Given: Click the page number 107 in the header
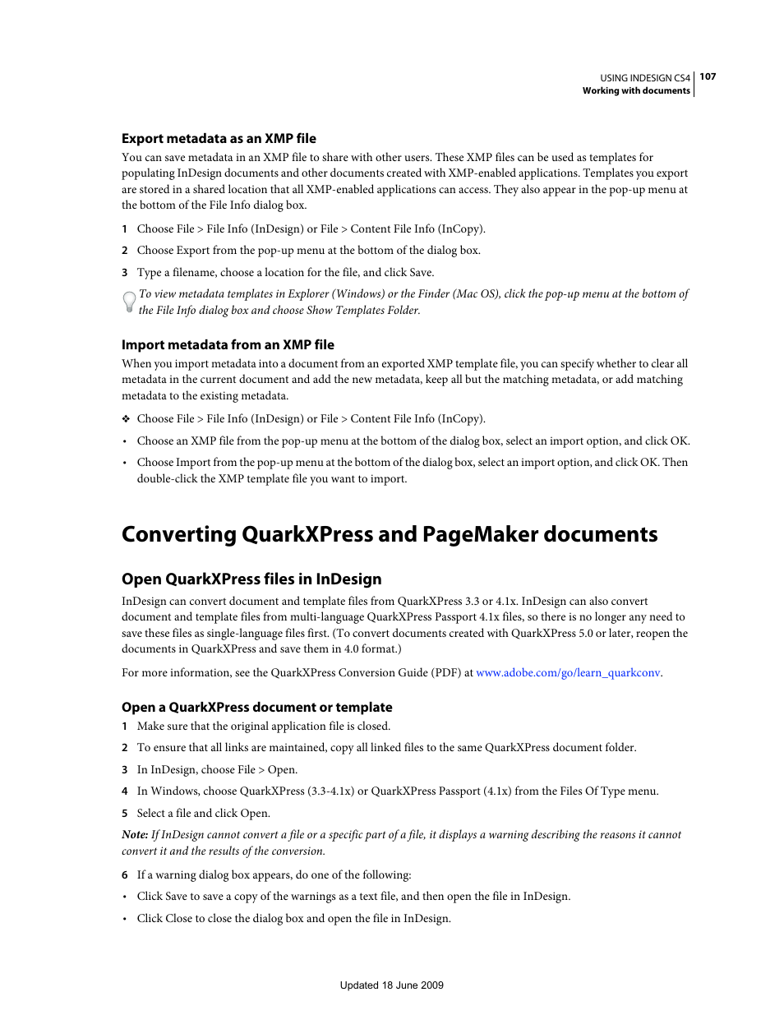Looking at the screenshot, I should pos(708,76).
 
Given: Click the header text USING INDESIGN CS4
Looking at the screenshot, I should pos(644,78).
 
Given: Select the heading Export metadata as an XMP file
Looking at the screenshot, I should pos(219,139).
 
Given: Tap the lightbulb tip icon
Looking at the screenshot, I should pos(129,302).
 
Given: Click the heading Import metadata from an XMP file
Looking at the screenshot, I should pos(228,345).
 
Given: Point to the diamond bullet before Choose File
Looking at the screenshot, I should pos(126,419).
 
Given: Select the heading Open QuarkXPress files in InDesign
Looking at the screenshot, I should pos(251,579).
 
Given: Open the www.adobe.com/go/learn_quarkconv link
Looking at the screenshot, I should pos(568,673).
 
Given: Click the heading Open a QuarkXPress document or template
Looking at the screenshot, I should pos(256,708).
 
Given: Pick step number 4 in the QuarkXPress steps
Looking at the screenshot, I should pos(125,791).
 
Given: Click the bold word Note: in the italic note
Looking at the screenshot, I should pos(135,835).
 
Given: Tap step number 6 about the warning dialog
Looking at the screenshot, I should pos(125,875).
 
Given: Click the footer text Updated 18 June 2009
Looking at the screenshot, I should pos(391,985).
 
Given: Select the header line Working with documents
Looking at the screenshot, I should pos(636,91).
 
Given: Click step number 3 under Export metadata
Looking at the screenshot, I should pos(125,273).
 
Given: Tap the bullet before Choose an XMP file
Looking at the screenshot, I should pos(125,441).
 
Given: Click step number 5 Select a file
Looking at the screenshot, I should pos(125,814).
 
